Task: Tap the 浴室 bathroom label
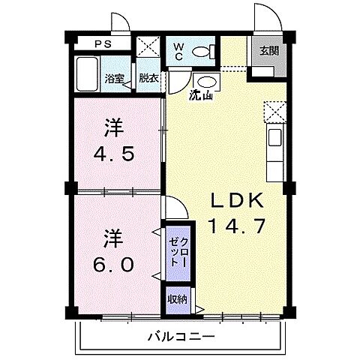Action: (x=114, y=77)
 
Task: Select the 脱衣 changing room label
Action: (x=148, y=77)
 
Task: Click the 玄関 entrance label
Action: (x=269, y=51)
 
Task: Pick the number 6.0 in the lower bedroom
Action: (x=115, y=264)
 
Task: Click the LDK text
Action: (x=236, y=201)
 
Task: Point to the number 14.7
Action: (x=236, y=225)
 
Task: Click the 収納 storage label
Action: (x=177, y=298)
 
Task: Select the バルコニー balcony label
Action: (x=180, y=337)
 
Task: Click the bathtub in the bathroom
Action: (x=88, y=74)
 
